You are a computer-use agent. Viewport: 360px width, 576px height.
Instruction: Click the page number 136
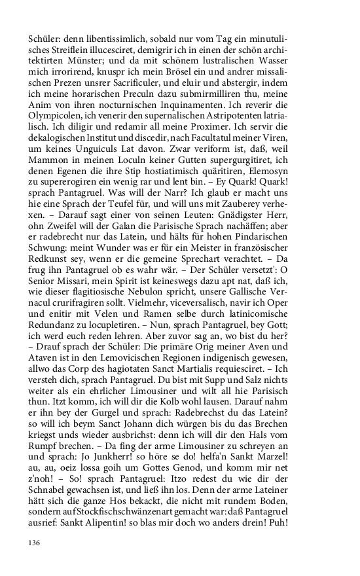(x=34, y=543)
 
